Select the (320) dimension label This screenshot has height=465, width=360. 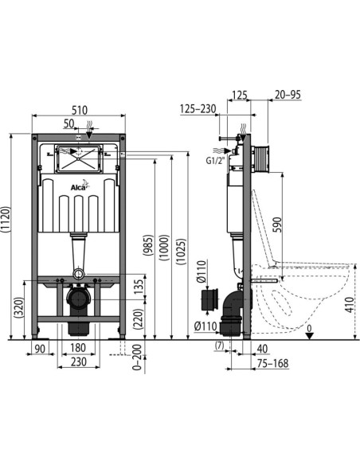[19, 307]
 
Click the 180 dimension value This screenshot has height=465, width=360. [78, 348]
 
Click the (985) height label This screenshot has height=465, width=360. [148, 248]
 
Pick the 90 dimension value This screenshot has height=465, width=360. [39, 348]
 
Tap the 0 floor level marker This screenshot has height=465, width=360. [309, 327]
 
